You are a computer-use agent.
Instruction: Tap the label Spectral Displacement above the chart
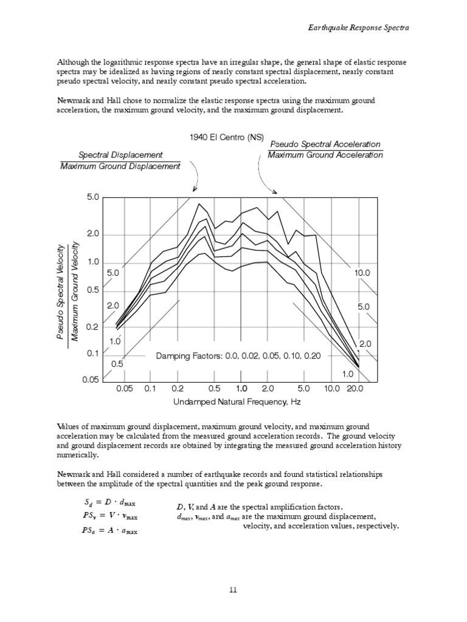120,155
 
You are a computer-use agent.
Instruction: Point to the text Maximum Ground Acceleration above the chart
325,155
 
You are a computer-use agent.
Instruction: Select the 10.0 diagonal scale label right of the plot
362,274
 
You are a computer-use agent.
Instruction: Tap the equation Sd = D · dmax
109,504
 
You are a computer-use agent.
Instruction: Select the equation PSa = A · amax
109,530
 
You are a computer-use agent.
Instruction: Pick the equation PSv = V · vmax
109,517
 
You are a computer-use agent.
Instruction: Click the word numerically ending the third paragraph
77,455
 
